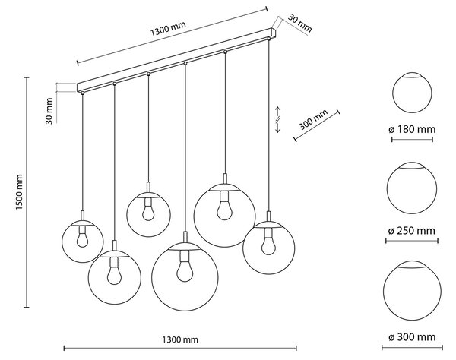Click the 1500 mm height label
pos(19,192)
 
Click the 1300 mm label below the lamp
pos(180,339)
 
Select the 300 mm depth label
pos(313,119)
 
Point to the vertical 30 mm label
pos(49,111)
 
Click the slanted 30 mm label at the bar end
pos(299,24)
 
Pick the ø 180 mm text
pos(412,129)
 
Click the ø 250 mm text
pos(412,231)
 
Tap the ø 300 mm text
pos(412,337)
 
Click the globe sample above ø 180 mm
pos(412,93)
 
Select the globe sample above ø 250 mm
pos(412,188)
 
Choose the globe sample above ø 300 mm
pos(412,290)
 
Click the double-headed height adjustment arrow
pos(277,120)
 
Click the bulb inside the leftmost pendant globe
pos(83,237)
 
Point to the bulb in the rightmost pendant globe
pos(268,242)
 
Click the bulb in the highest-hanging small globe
pos(148,210)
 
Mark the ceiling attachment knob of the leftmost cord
pos(83,93)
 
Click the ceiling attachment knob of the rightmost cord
pos(268,38)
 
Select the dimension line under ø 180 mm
pos(412,140)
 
